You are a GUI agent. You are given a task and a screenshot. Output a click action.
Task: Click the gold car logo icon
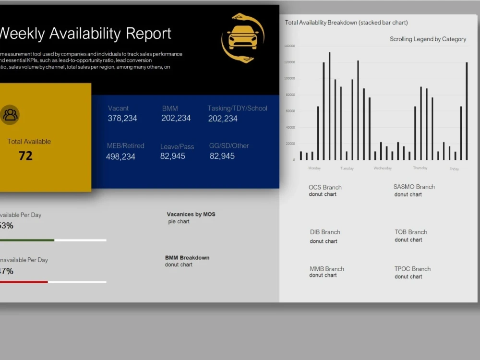tap(243, 38)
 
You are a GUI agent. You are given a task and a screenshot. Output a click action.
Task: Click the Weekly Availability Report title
tap(85, 34)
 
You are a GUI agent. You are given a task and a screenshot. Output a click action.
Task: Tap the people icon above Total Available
tap(10, 115)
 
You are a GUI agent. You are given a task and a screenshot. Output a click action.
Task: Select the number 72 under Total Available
tap(25, 156)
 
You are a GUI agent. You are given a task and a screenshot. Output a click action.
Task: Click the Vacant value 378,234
tap(122, 118)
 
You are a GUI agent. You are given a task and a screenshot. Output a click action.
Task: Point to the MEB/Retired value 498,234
tap(120, 156)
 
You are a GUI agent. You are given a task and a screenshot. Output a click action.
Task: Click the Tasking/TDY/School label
tap(237, 108)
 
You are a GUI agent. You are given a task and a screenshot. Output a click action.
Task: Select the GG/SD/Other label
tap(229, 145)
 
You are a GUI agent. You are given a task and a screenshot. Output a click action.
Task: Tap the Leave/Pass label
tap(177, 146)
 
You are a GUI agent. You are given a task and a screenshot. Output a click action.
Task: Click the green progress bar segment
tap(26, 240)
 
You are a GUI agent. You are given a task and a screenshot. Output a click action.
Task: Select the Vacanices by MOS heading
tap(191, 214)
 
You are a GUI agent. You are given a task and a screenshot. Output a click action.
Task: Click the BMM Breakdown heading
tap(187, 258)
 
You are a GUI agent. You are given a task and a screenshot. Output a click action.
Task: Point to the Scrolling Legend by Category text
tap(428, 39)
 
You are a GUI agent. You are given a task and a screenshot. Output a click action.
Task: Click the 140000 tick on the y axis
tap(289, 46)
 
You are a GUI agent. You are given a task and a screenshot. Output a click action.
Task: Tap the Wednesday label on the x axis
tap(383, 168)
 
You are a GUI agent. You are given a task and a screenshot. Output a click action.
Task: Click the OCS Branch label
tap(325, 187)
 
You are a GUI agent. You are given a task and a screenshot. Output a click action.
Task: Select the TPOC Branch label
tap(412, 269)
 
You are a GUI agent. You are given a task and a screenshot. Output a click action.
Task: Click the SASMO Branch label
tap(414, 187)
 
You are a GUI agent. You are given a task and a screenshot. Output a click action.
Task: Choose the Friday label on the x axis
tap(454, 169)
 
